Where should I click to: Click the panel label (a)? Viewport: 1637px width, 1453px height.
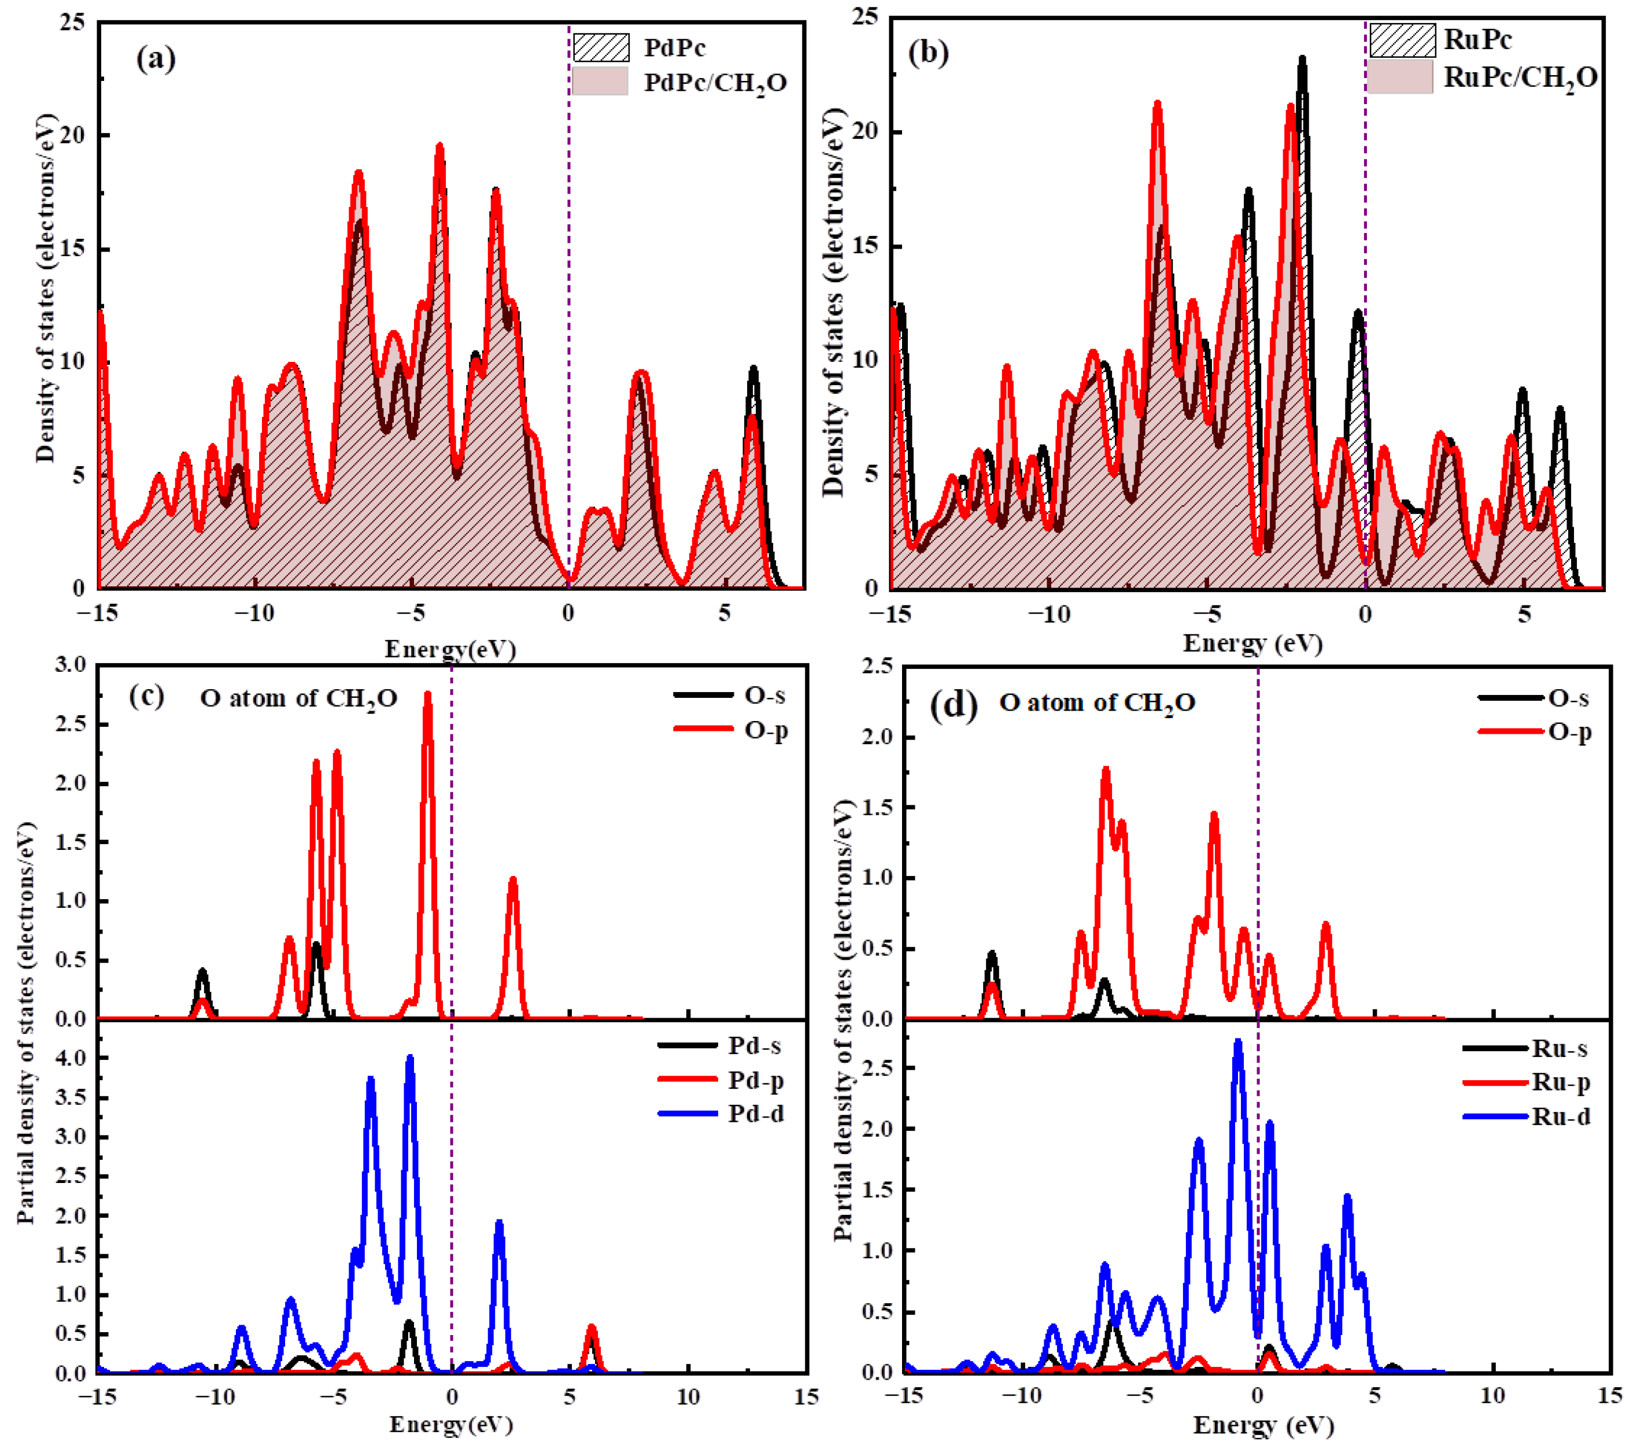click(x=156, y=60)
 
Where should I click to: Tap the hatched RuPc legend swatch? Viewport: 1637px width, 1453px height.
click(x=1402, y=40)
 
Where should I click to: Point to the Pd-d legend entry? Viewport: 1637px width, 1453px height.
click(x=755, y=1114)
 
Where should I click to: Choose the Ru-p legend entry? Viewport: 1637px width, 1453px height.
click(x=1560, y=1083)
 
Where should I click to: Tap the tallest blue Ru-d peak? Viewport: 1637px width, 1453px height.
click(x=1237, y=1042)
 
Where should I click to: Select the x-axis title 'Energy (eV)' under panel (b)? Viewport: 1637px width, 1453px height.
click(x=1252, y=643)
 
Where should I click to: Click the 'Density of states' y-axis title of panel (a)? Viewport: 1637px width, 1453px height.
click(x=46, y=289)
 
